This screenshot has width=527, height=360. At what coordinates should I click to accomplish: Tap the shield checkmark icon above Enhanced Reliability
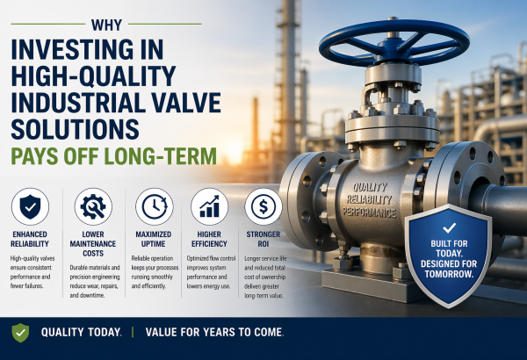click(30, 207)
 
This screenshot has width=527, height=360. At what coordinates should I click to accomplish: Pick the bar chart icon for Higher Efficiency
click(208, 207)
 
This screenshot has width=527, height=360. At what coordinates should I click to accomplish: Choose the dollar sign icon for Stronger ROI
click(261, 207)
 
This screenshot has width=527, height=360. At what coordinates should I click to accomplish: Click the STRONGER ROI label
click(261, 237)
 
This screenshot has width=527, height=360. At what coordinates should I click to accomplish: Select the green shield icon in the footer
click(19, 332)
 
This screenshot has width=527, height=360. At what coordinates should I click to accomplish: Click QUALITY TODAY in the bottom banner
click(79, 332)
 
